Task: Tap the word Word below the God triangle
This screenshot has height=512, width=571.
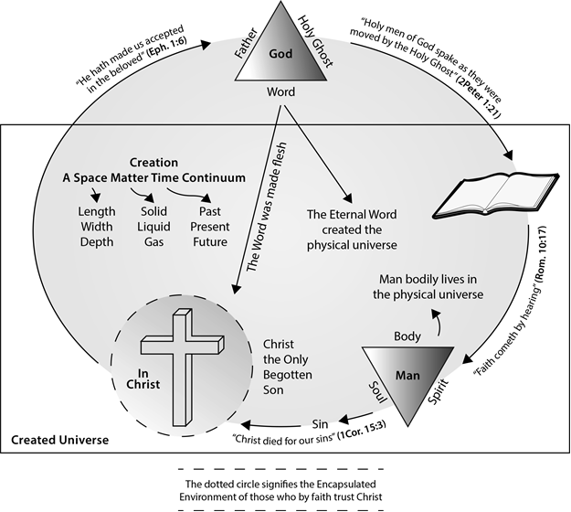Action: click(x=280, y=93)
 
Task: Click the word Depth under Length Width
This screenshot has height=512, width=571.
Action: click(x=96, y=241)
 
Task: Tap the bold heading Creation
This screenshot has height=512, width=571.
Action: click(x=153, y=162)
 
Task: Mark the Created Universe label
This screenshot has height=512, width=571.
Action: click(x=59, y=440)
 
